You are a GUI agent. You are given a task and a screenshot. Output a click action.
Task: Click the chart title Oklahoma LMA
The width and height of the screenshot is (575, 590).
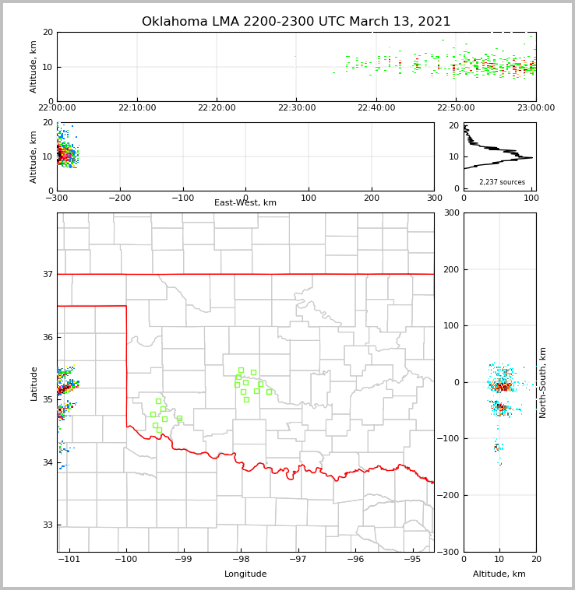pos(296,22)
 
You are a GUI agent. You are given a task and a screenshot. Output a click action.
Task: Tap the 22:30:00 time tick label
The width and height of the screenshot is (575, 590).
pos(297,108)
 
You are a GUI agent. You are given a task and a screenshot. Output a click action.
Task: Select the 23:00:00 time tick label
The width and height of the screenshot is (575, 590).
pos(535,108)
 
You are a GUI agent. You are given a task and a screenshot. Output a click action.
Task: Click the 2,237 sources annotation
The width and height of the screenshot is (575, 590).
pos(502,182)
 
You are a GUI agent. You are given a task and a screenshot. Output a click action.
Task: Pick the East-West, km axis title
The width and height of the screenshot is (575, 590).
pos(245,203)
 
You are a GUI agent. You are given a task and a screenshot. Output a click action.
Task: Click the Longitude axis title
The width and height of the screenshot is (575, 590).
pos(245,574)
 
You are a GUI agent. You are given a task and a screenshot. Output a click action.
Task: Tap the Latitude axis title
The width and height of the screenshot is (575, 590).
pos(34,383)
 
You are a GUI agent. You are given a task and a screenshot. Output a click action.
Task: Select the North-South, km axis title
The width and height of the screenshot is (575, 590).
pos(543,382)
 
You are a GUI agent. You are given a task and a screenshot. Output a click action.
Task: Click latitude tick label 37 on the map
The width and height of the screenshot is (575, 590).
pos(48,274)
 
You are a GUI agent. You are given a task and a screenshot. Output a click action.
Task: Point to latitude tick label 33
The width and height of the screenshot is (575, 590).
pos(48,525)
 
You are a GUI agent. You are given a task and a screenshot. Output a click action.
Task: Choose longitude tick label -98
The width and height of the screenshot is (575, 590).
pos(241,559)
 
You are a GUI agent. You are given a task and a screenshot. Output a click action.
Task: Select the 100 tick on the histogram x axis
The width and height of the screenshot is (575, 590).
pos(531,198)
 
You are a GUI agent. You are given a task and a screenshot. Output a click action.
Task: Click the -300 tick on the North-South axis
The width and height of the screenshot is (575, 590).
pos(450,552)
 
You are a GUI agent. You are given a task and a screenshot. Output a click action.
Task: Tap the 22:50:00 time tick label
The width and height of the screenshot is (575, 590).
pos(456,108)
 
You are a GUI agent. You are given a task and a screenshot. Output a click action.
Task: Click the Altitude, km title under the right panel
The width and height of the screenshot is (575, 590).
pos(499,574)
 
